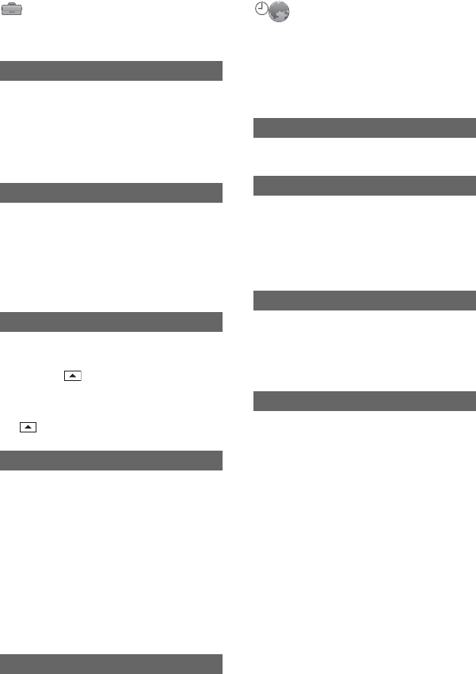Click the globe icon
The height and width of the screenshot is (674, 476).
pyautogui.click(x=279, y=12)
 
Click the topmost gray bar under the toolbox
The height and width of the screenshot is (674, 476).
pyautogui.click(x=111, y=70)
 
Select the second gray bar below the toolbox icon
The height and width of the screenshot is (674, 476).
pyautogui.click(x=111, y=193)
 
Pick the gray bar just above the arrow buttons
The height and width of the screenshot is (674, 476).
pyautogui.click(x=111, y=322)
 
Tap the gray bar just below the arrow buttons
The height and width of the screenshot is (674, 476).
pyautogui.click(x=111, y=460)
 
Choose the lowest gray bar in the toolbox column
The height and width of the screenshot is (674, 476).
pyautogui.click(x=111, y=664)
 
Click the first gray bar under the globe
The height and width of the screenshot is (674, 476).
pyautogui.click(x=364, y=128)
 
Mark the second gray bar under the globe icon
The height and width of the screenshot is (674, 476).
pyautogui.click(x=364, y=185)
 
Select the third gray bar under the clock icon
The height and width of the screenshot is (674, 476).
pyautogui.click(x=364, y=301)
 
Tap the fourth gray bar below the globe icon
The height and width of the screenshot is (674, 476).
pyautogui.click(x=364, y=401)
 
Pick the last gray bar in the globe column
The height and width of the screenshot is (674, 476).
pyautogui.click(x=364, y=401)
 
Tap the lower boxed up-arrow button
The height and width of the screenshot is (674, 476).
pyautogui.click(x=28, y=426)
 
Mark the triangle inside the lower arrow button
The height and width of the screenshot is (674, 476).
pyautogui.click(x=28, y=426)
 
